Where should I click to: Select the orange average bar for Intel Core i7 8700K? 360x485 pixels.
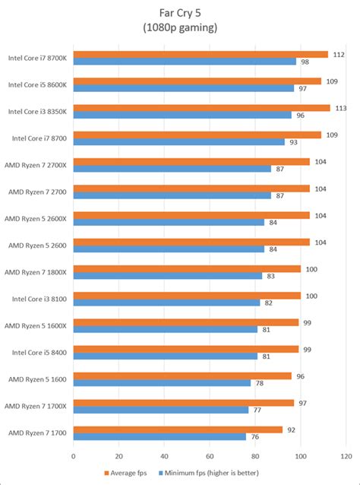coord(201,54)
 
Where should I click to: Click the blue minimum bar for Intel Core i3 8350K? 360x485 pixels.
coord(182,115)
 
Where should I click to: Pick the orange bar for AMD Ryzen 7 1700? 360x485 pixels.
coord(178,430)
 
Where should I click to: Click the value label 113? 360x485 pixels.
coord(339,107)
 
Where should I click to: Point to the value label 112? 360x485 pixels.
coord(338,54)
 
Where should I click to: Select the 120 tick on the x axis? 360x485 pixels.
coord(346,456)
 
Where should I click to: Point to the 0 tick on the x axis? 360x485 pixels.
coord(74,456)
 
